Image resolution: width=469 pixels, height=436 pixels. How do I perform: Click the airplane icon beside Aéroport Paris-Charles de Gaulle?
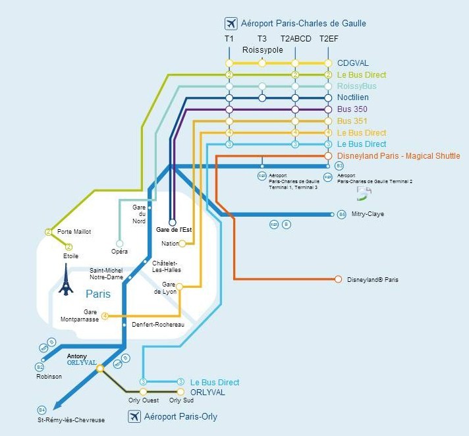[x=231, y=24]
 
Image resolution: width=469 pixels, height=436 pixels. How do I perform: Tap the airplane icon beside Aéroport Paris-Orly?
[x=136, y=417]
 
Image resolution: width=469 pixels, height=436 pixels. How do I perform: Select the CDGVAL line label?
[x=352, y=63]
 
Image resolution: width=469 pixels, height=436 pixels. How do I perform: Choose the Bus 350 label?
[x=352, y=109]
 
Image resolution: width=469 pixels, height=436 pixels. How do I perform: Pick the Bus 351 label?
[x=352, y=121]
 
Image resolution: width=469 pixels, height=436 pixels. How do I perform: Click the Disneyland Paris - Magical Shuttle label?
[x=399, y=156]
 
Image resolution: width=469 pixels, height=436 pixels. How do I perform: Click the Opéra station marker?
[x=119, y=242]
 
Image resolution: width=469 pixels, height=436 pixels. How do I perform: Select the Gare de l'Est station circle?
[x=173, y=222]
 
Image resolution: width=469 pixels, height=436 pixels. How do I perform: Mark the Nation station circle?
[x=182, y=244]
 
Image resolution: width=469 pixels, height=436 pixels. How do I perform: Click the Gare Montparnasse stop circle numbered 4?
[x=105, y=316]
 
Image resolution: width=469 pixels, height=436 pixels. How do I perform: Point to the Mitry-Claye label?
[x=368, y=214]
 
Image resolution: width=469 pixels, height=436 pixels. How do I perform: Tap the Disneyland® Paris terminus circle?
[x=339, y=279]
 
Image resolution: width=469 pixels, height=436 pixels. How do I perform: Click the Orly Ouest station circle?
[x=143, y=392]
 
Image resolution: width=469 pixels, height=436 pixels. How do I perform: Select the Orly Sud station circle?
[x=181, y=392]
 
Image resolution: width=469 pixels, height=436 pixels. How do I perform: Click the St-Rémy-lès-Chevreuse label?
[x=70, y=420]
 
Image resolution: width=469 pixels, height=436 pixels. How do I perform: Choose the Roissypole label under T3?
[x=262, y=50]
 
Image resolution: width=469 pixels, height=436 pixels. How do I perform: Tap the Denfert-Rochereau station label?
[x=157, y=325]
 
